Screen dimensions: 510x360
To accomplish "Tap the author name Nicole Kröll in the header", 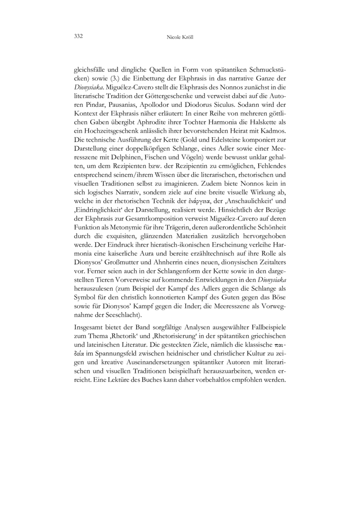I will pos(180,35).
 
